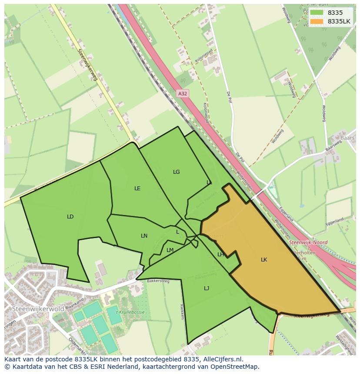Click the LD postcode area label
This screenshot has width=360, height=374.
[x=70, y=217]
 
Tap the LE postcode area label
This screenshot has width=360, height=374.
[x=137, y=189]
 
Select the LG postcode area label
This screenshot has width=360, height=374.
[x=176, y=172]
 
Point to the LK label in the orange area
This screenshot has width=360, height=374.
[x=264, y=260]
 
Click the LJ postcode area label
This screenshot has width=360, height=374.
[x=207, y=288]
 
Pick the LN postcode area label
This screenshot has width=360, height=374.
[x=144, y=236]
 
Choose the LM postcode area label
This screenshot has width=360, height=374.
[x=170, y=250]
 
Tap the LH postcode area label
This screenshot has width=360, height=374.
[x=220, y=255]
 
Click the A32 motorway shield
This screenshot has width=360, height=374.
[x=183, y=93]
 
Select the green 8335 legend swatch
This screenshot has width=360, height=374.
[x=317, y=13]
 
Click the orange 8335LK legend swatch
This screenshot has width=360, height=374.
[x=317, y=21]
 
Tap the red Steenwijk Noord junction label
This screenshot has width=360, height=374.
[x=308, y=242]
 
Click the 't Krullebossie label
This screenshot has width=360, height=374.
[x=130, y=312]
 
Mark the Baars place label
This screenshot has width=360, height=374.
[x=348, y=138]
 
